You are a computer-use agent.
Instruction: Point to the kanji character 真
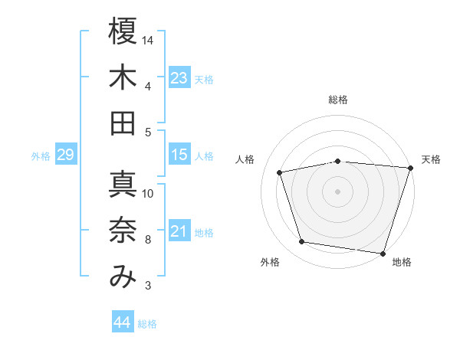point(123,184)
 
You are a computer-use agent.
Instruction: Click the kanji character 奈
point(123,231)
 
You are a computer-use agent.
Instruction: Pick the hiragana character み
point(123,277)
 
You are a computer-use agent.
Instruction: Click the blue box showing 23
point(179,77)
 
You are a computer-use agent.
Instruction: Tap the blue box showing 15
point(179,155)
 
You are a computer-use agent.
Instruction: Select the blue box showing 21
point(179,231)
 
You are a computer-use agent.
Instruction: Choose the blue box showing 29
point(65,155)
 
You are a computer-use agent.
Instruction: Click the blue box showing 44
point(122,322)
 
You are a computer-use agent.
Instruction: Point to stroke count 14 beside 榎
point(149,40)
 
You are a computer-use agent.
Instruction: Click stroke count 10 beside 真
point(149,193)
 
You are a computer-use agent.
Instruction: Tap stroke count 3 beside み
point(147,286)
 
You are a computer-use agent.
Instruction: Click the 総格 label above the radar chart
point(338,100)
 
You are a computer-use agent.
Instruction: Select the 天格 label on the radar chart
point(431,159)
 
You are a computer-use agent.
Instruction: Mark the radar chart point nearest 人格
point(280,172)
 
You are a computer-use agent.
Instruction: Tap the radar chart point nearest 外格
point(301,242)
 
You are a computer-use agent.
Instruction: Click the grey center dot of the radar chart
point(338,191)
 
